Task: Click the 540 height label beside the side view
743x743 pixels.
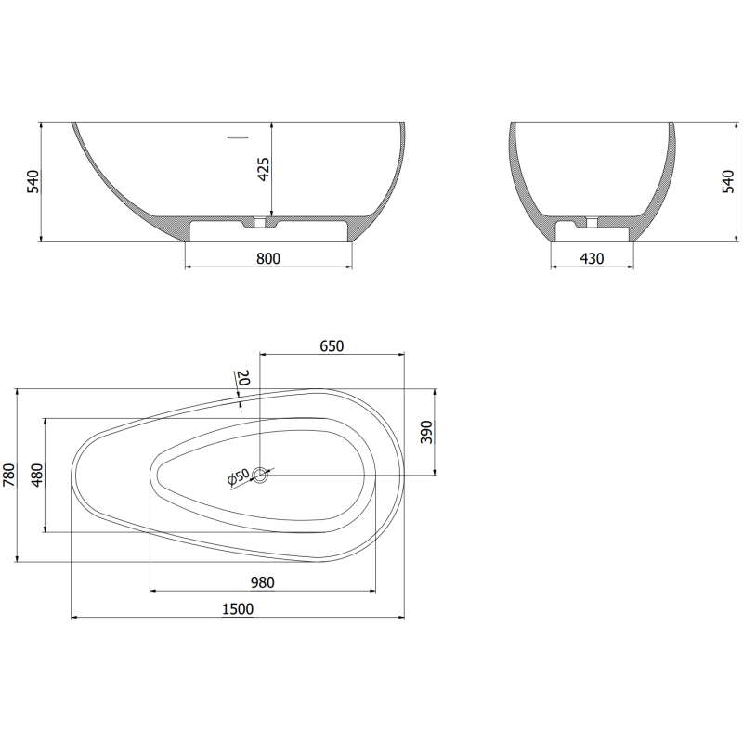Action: click(33, 181)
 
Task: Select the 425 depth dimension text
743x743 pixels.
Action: click(265, 169)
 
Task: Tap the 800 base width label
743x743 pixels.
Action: click(267, 259)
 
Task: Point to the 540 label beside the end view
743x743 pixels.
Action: click(729, 181)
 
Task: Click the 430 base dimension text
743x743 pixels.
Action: click(592, 259)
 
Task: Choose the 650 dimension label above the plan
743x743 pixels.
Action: click(332, 346)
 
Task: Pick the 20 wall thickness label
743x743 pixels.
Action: click(243, 378)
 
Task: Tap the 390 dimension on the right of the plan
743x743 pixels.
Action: click(427, 431)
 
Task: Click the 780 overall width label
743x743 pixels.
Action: click(9, 475)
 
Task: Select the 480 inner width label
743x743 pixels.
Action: click(37, 475)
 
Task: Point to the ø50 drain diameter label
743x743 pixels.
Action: click(238, 477)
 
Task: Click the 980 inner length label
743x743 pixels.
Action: click(262, 582)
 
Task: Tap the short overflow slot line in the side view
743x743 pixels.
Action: click(239, 137)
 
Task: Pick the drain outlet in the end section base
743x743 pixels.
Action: click(590, 223)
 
